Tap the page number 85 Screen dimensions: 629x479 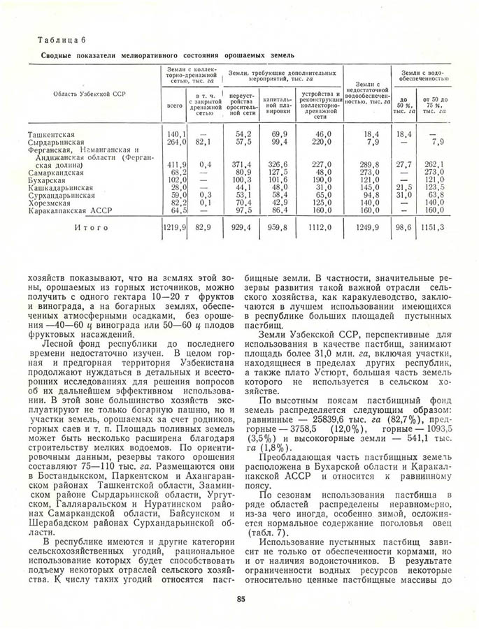[241, 598]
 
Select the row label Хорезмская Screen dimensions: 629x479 [51, 203]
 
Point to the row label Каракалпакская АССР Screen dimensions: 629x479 [69, 210]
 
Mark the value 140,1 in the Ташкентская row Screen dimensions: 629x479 [176, 133]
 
